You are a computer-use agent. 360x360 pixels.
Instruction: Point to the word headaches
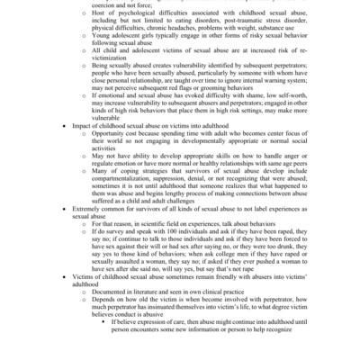coord(200,37)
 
